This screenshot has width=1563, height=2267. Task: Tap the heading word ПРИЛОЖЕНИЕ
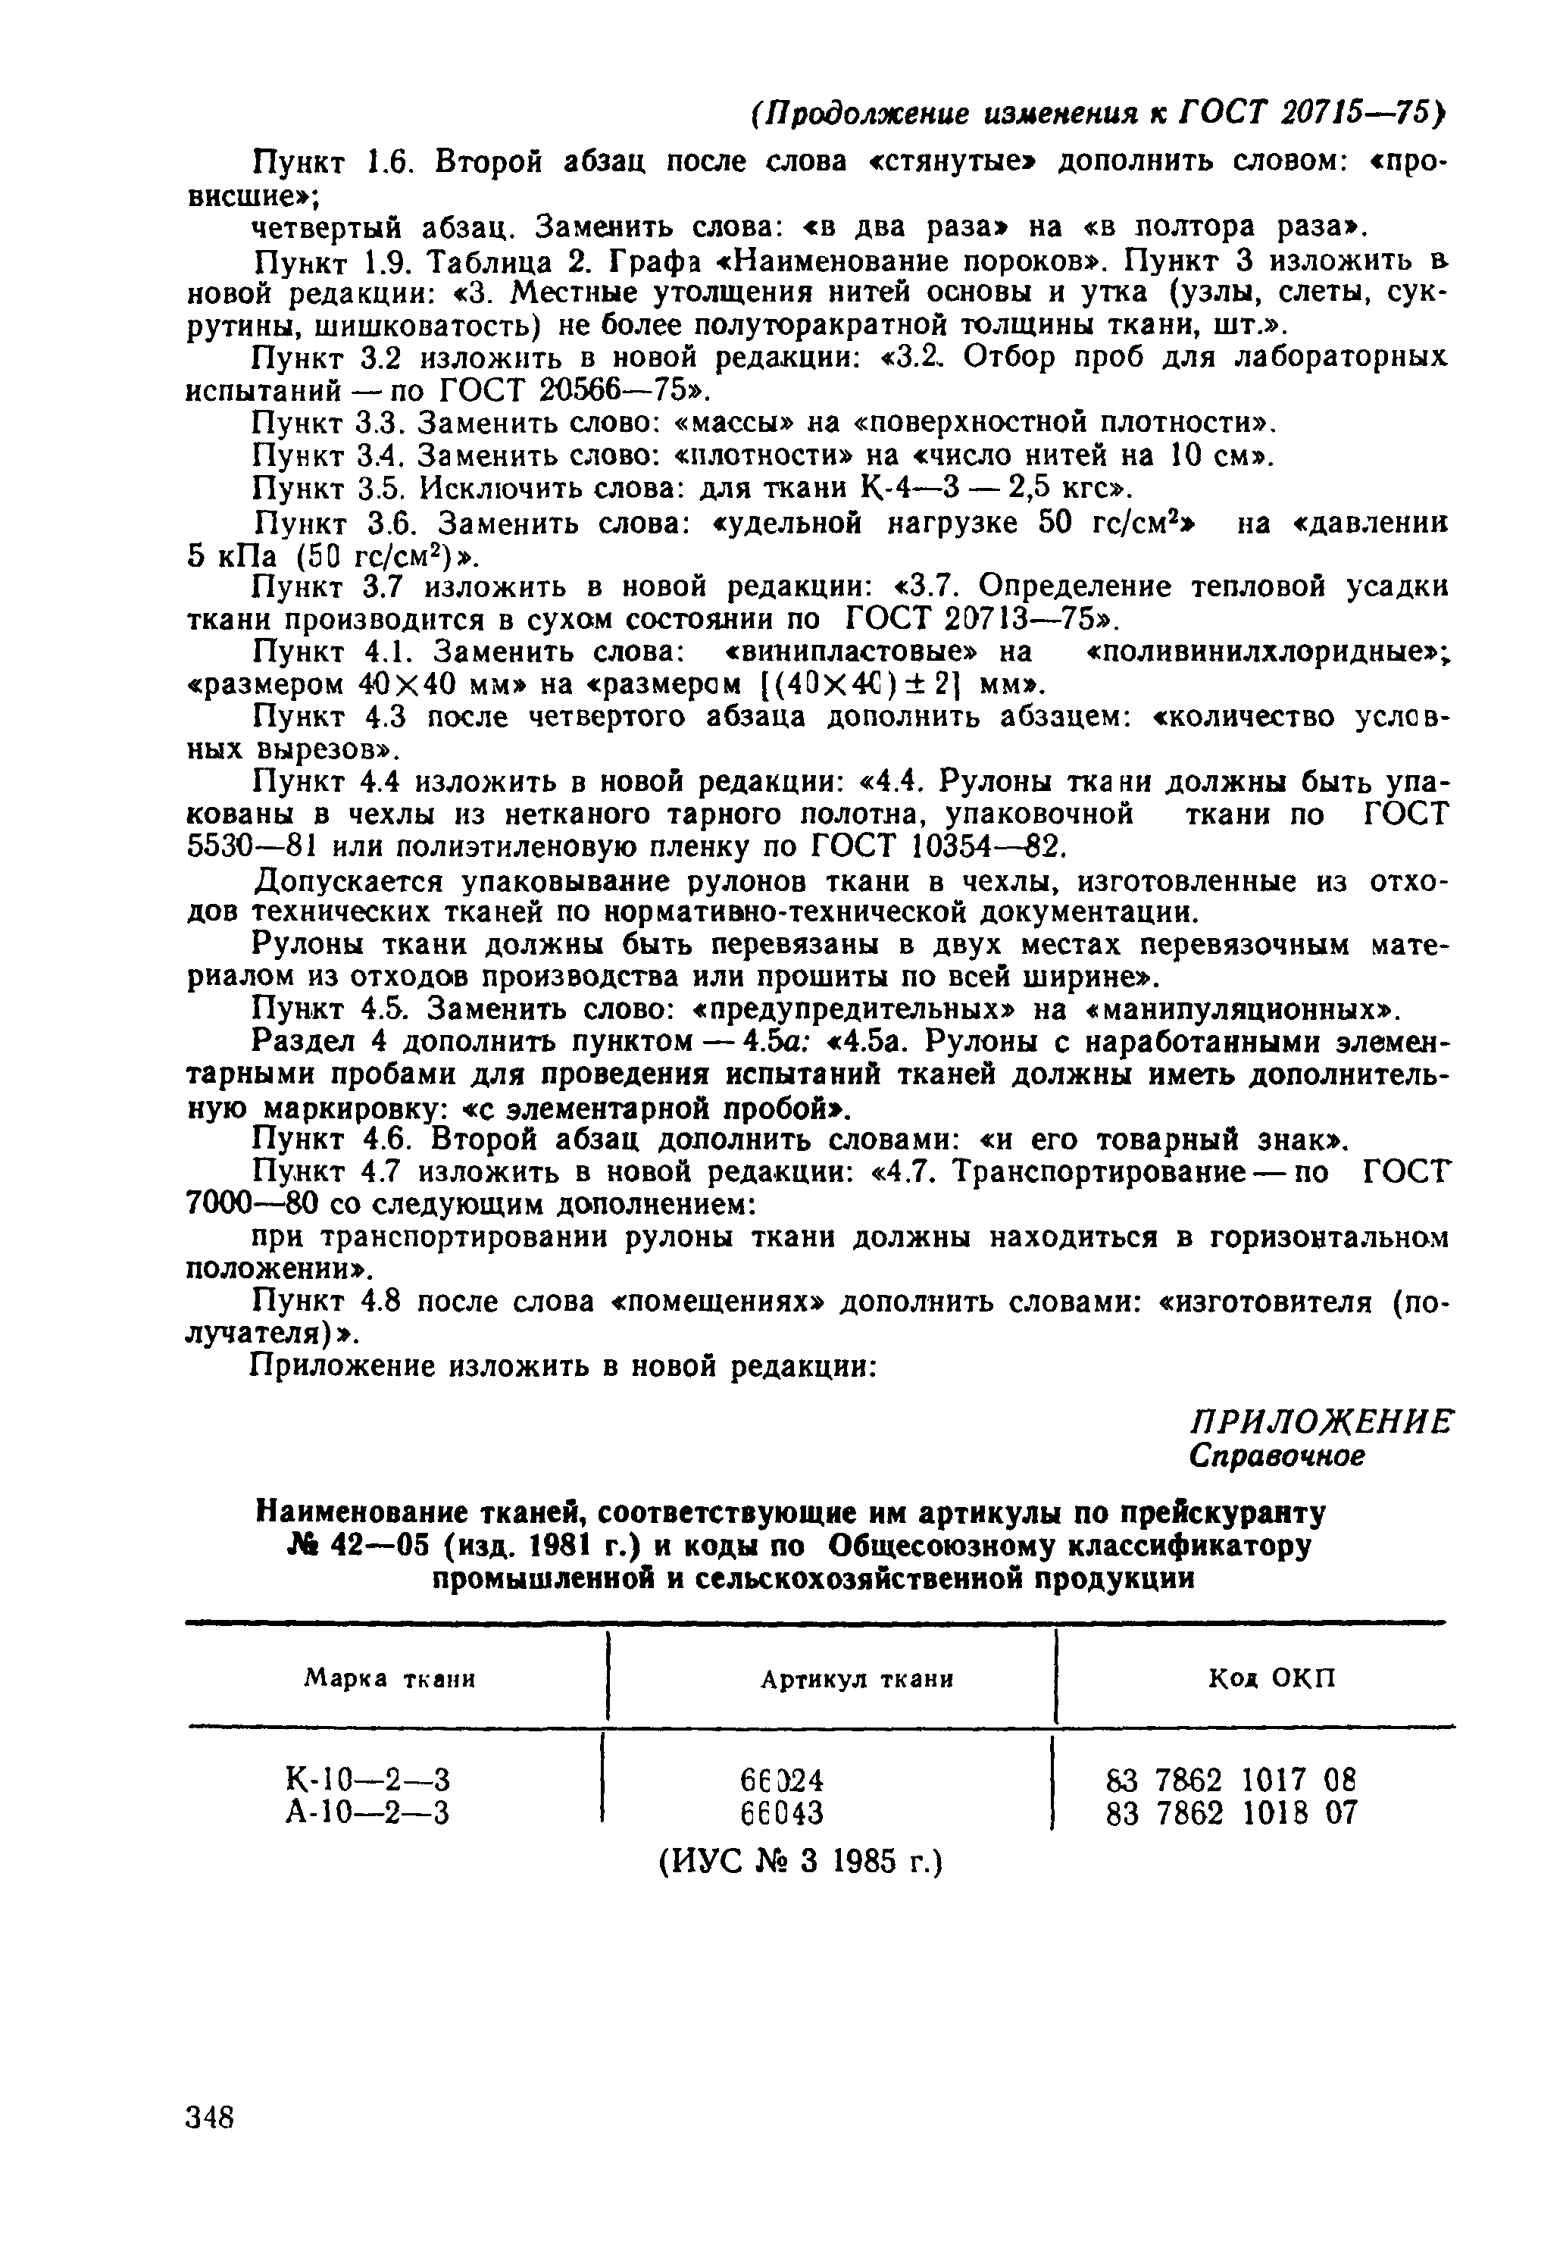click(x=1321, y=1422)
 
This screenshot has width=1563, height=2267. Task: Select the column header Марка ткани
click(x=389, y=1678)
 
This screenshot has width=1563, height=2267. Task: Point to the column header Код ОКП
click(x=1271, y=1678)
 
